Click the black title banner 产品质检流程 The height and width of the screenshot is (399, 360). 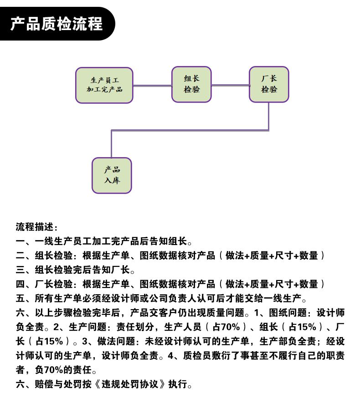57,24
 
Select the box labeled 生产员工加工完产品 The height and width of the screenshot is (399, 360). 104,85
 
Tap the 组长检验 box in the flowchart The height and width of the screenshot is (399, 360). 191,84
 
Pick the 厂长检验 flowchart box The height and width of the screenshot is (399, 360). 269,84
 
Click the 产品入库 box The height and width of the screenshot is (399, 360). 112,175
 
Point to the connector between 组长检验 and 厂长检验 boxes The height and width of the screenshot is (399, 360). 231,85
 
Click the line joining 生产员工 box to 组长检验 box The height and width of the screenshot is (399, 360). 152,86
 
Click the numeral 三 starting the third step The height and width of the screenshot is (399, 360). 21,270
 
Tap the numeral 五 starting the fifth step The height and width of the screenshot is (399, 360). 21,298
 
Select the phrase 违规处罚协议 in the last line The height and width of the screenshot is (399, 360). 130,384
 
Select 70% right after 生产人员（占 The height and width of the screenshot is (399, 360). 231,327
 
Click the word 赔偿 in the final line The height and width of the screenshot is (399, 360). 44,384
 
